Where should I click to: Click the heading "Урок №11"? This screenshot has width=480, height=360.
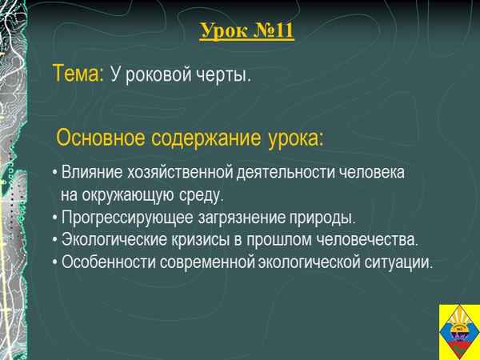pos(246,33)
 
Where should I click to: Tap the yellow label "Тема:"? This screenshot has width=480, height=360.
pos(78,74)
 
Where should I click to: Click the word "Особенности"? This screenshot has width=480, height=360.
pos(101,262)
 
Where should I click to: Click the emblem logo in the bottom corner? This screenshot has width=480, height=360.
pos(458,332)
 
